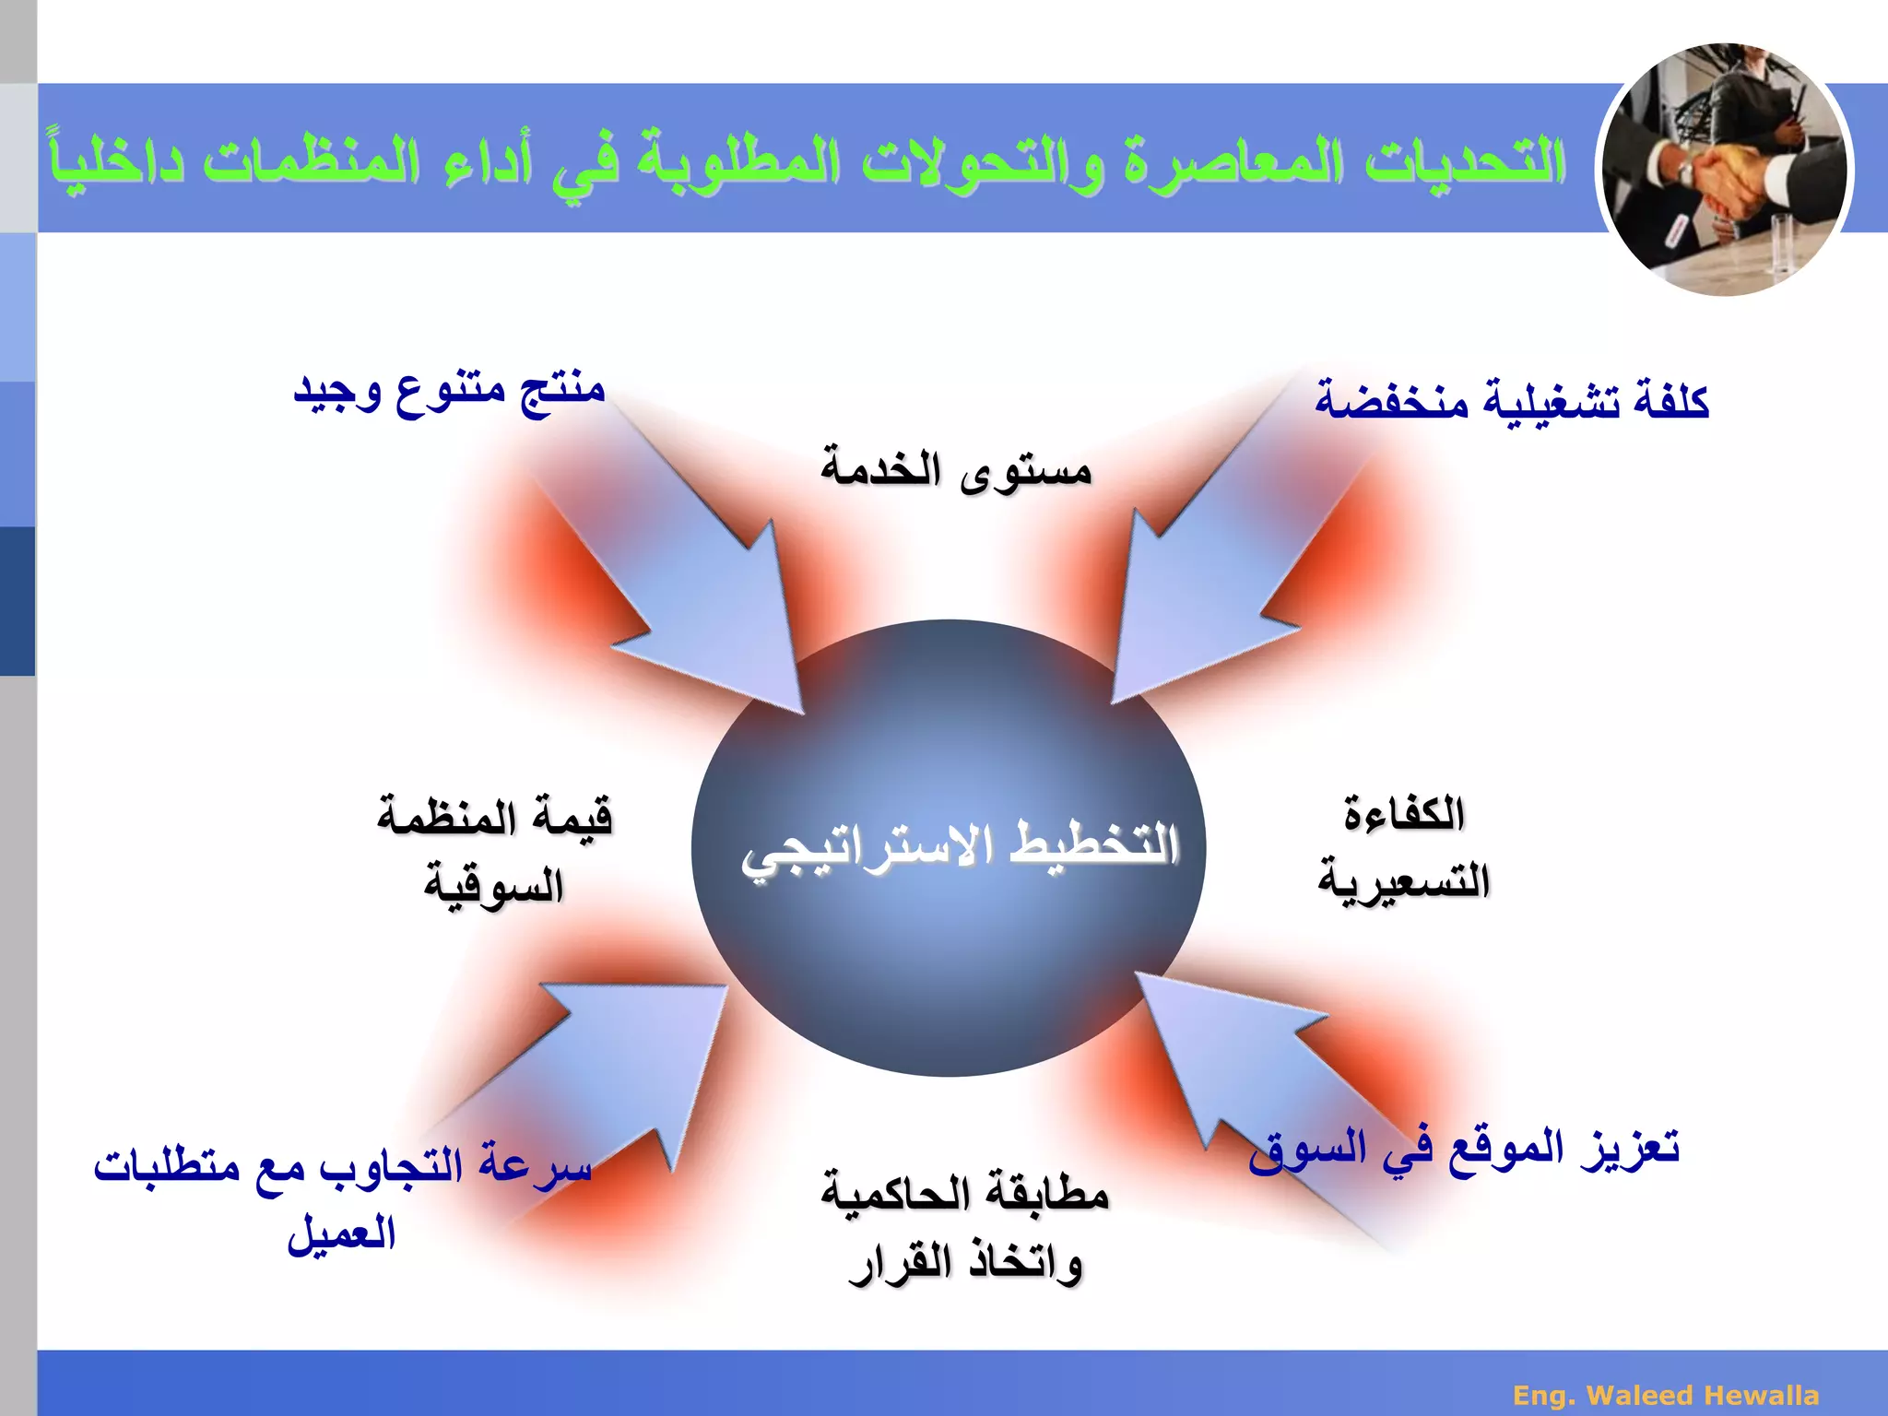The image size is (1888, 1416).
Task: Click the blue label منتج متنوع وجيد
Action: tap(449, 391)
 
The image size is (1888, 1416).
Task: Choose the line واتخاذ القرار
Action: tap(965, 1263)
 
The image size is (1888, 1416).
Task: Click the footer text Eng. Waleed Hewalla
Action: tap(1666, 1395)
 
